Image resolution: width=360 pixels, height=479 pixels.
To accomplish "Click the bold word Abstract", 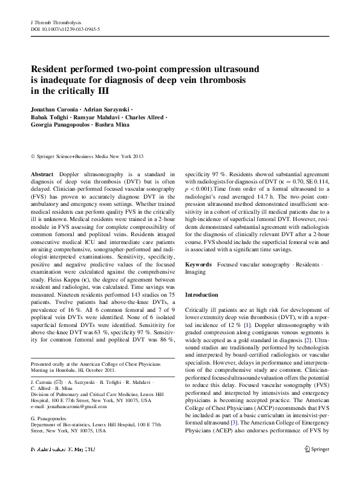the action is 41,174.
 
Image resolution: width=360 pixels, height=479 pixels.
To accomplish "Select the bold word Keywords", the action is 198,265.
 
